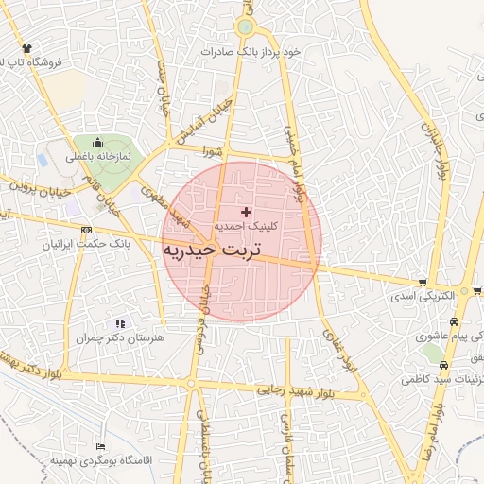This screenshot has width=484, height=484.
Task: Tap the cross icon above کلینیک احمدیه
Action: (x=247, y=213)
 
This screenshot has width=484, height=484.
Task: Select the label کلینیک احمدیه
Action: (x=247, y=228)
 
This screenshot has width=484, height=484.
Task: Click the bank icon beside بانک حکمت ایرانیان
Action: (x=87, y=230)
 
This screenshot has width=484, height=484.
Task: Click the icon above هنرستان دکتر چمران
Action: (x=119, y=323)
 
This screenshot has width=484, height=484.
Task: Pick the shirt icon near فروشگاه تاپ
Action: (x=26, y=48)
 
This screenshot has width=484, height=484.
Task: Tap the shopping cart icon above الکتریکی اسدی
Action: (x=423, y=283)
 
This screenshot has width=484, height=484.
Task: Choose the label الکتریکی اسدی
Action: (x=424, y=296)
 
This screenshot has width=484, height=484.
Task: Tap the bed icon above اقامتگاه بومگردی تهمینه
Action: (x=100, y=445)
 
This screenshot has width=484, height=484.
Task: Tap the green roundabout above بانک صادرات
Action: (x=246, y=27)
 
